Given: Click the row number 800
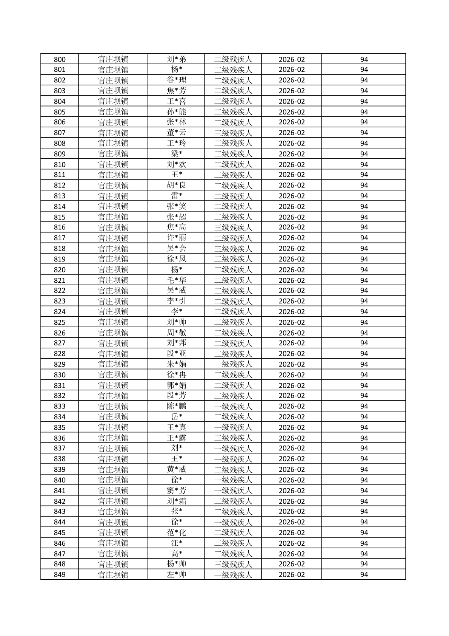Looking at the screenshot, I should click(x=60, y=59).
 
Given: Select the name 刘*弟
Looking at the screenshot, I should click(x=176, y=59).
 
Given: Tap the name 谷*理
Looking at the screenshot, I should click(x=176, y=80).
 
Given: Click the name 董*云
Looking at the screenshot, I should click(x=176, y=133).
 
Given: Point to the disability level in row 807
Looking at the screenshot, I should click(x=233, y=133).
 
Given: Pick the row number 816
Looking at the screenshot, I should click(x=60, y=227).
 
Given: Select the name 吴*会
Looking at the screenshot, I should click(x=176, y=248).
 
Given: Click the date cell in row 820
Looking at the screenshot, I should click(x=291, y=269).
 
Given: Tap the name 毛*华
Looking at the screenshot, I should click(x=176, y=280).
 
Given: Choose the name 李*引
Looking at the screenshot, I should click(x=176, y=301).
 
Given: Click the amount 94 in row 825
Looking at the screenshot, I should click(x=363, y=322).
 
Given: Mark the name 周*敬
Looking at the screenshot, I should click(x=176, y=333).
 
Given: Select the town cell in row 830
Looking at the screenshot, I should click(x=113, y=375).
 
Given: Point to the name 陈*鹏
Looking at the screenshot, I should click(x=176, y=406).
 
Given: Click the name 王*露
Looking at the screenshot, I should click(x=176, y=438).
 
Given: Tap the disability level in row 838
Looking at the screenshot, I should click(x=233, y=459).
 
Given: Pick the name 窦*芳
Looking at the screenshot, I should click(x=176, y=491).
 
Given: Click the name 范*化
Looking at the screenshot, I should click(x=176, y=532).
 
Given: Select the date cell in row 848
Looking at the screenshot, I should click(x=291, y=564).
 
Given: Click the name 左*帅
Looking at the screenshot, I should click(x=176, y=574).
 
